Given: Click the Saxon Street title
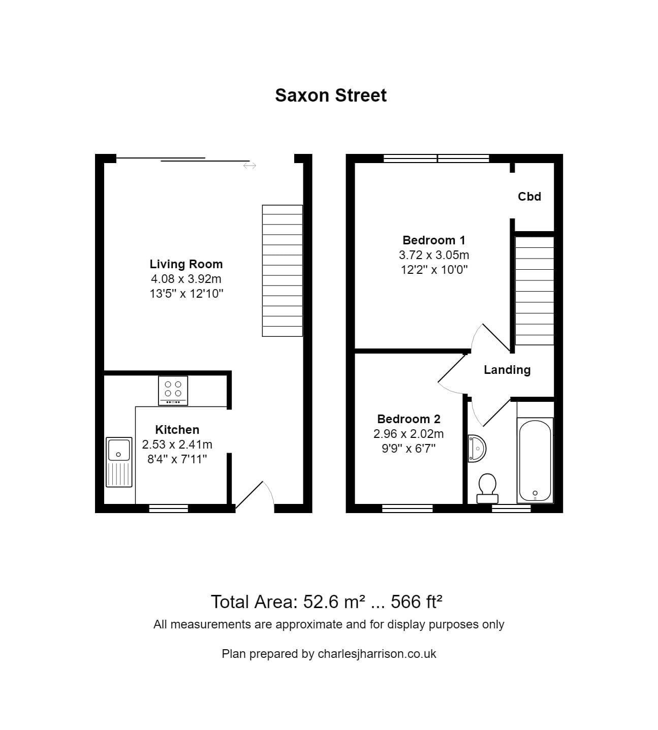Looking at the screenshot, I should [331, 96].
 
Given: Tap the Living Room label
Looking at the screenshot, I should [186, 264].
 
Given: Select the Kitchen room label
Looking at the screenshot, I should [177, 429].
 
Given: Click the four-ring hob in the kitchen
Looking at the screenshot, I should [173, 390].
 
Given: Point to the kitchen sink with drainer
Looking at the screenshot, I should [119, 462].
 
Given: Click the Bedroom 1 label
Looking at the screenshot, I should [433, 240].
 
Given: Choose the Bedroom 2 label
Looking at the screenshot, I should [409, 419].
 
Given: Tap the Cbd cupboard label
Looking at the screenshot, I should [529, 197].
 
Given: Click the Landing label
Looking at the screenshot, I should [507, 370].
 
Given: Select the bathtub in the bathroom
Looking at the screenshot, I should [535, 460].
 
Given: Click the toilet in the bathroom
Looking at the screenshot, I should [488, 488].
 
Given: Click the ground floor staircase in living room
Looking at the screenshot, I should [282, 270].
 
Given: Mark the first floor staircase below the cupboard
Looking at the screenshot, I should [534, 291].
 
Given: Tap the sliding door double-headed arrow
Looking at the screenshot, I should [249, 166].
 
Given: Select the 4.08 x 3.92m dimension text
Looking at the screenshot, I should [186, 279].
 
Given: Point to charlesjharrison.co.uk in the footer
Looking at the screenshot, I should [377, 654].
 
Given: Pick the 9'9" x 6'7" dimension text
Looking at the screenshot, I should [409, 449].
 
